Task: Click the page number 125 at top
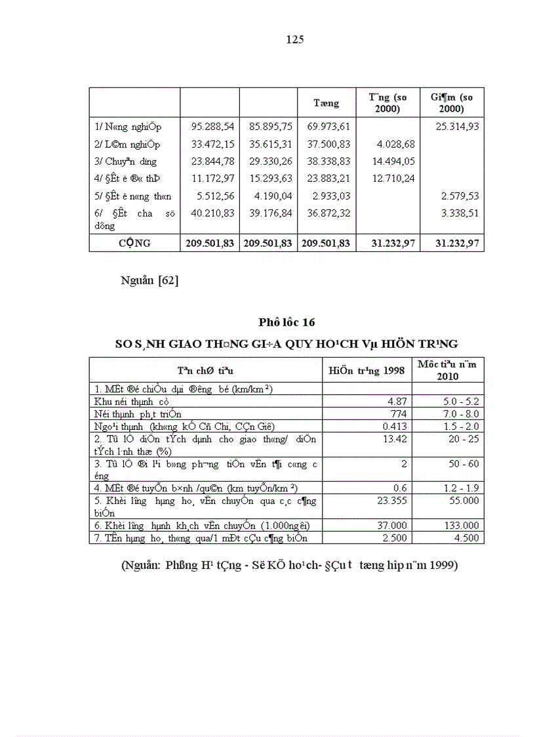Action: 295,39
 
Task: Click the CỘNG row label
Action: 134,243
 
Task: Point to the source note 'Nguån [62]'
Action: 149,281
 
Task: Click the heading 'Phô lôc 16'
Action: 287,322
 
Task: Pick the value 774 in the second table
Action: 398,413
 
